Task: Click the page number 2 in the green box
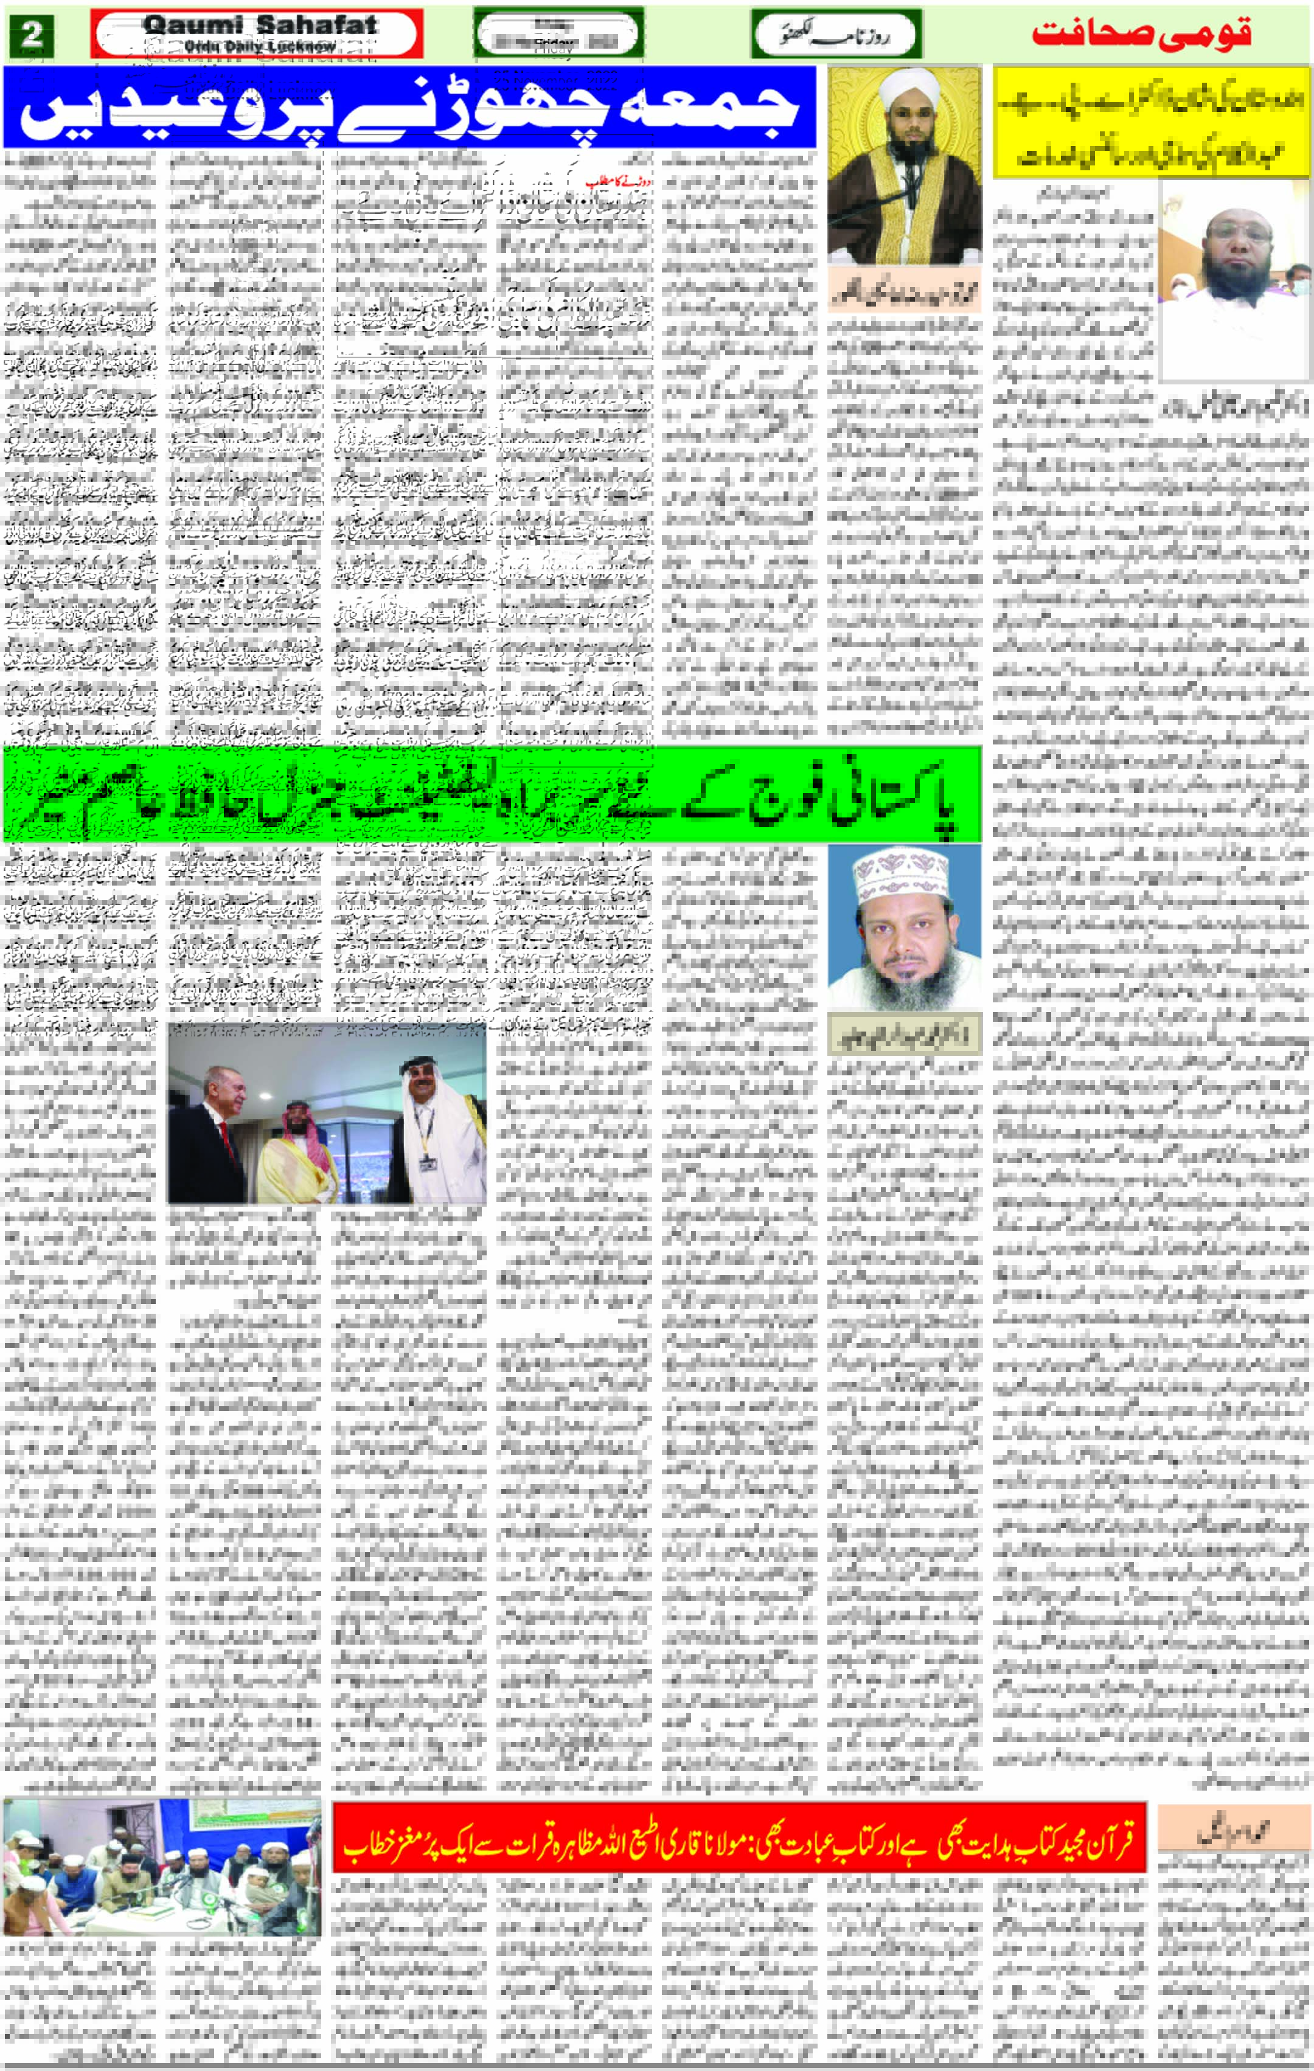(x=32, y=35)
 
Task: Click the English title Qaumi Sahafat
(x=260, y=25)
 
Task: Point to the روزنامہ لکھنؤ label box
(x=836, y=35)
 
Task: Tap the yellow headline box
(x=1150, y=122)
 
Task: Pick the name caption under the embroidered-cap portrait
(x=904, y=1035)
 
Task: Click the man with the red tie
(x=217, y=1126)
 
